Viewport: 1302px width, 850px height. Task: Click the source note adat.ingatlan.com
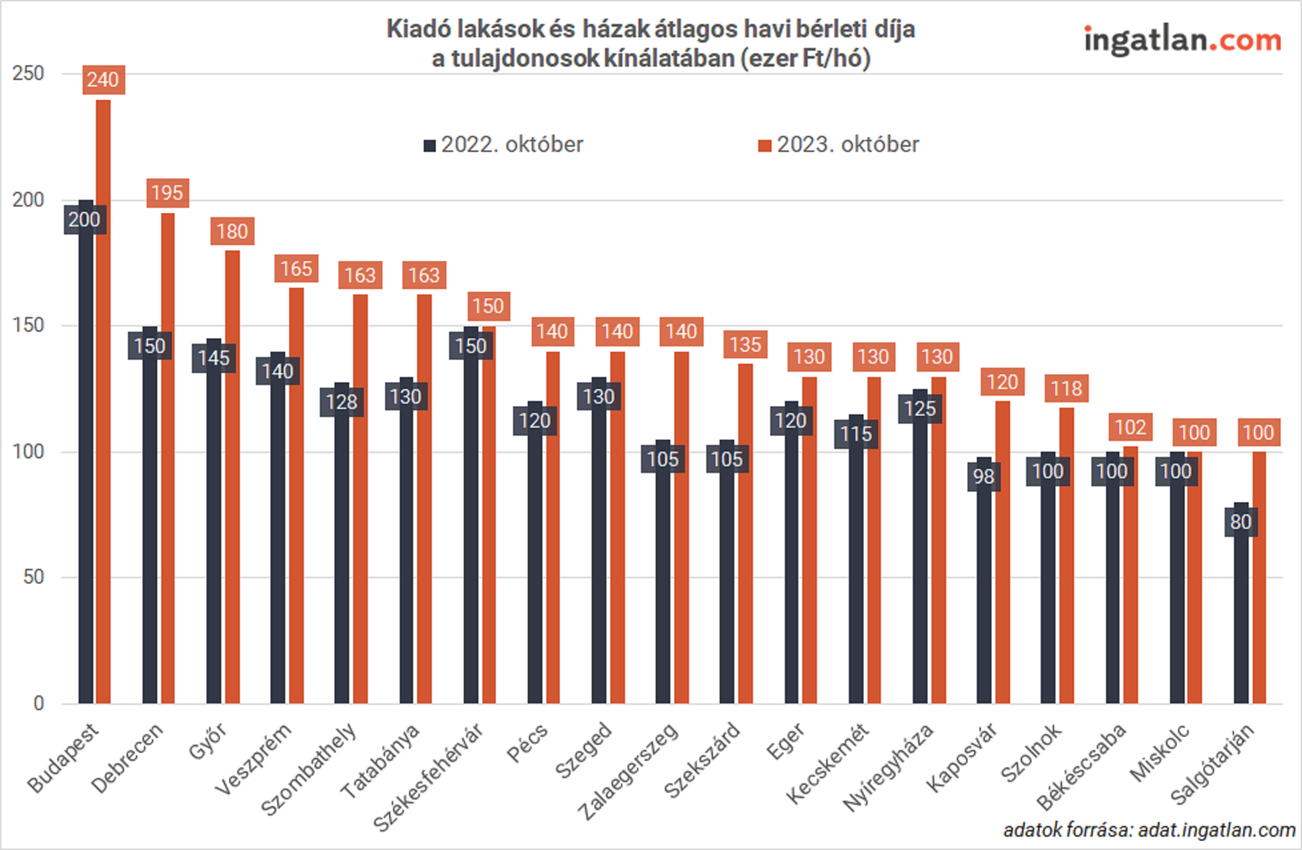point(1149,830)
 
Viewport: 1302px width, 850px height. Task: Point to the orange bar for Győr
point(233,476)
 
